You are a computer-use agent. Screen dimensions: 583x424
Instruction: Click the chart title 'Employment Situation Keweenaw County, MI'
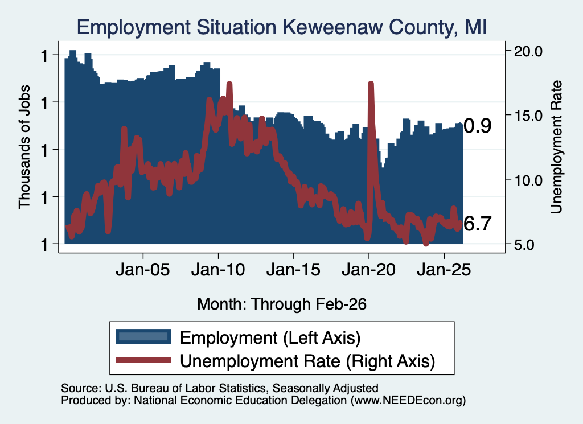(x=281, y=27)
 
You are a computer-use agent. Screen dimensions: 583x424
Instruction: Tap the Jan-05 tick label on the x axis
(x=143, y=270)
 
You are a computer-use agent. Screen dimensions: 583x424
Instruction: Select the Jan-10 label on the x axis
(x=218, y=270)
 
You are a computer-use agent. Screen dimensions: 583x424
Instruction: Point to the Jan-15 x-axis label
(x=293, y=270)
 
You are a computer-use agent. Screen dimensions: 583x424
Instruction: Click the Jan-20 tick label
(x=369, y=270)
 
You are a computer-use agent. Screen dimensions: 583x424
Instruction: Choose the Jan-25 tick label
(x=444, y=270)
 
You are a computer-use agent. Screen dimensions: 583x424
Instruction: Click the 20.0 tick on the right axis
(x=528, y=51)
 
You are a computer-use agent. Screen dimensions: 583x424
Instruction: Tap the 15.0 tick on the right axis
(x=528, y=116)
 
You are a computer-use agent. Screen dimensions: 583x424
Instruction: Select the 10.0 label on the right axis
(x=528, y=180)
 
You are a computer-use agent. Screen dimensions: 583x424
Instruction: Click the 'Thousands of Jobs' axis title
(x=24, y=147)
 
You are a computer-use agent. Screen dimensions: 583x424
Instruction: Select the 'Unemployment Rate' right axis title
(x=556, y=147)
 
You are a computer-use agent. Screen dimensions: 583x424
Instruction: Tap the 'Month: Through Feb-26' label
(x=282, y=304)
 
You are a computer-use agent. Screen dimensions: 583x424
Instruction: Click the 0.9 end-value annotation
(x=478, y=126)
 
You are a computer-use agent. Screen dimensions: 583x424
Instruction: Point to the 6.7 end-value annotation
(x=478, y=224)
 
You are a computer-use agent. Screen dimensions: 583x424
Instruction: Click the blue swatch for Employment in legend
(x=143, y=337)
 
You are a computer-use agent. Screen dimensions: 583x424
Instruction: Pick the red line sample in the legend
(x=143, y=360)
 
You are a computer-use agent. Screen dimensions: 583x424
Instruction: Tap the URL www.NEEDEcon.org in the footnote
(x=408, y=400)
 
